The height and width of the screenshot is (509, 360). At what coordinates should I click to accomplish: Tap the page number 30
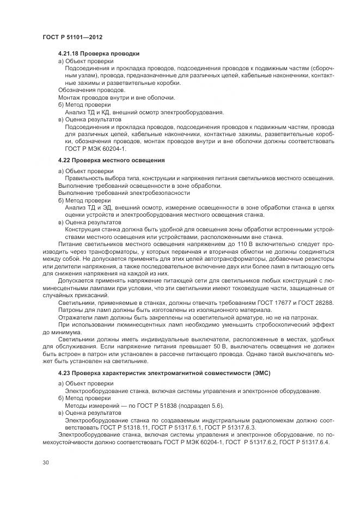tap(45, 463)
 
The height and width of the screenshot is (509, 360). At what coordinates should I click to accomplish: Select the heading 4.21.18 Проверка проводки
tap(99, 54)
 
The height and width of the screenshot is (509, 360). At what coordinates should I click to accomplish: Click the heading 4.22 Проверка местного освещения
tap(111, 161)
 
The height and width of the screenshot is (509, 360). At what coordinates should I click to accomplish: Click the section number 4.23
tap(65, 373)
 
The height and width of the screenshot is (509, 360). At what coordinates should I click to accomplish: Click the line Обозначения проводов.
tap(91, 90)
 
